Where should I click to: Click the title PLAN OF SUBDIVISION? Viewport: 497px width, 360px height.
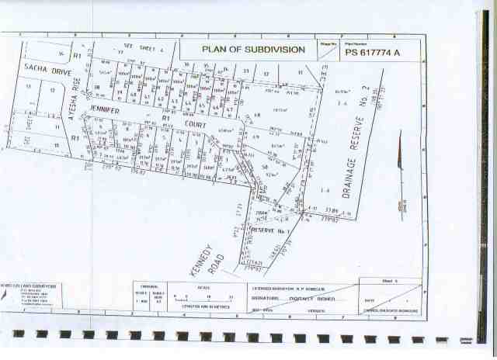(x=253, y=49)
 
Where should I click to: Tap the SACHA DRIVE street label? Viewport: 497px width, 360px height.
(x=47, y=71)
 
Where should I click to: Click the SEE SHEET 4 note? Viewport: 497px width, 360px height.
(x=130, y=47)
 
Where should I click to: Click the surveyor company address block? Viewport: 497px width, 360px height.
(x=26, y=296)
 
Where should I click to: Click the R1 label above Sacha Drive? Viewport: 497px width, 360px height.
(x=77, y=57)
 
